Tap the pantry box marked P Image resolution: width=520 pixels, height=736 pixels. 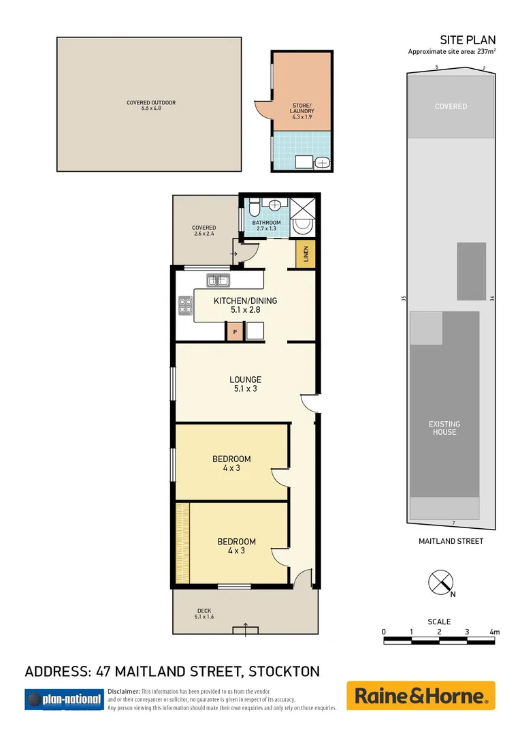[235, 331]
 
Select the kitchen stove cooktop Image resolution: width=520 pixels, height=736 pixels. [184, 306]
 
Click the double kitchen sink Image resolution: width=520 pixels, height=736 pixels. [218, 279]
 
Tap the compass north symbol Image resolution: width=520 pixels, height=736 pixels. [440, 583]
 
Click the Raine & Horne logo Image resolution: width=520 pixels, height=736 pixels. [421, 696]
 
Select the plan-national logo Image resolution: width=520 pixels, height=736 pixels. [63, 699]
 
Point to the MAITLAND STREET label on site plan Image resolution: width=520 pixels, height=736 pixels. [451, 541]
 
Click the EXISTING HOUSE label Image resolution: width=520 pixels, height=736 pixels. [443, 428]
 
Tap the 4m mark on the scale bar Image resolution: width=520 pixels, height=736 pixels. [495, 632]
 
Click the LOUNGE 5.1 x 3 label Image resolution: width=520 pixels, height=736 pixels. [245, 384]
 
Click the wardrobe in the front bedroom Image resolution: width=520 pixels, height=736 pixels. [182, 542]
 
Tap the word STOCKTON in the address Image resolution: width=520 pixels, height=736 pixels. [284, 671]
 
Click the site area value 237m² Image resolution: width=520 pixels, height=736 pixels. [485, 52]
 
